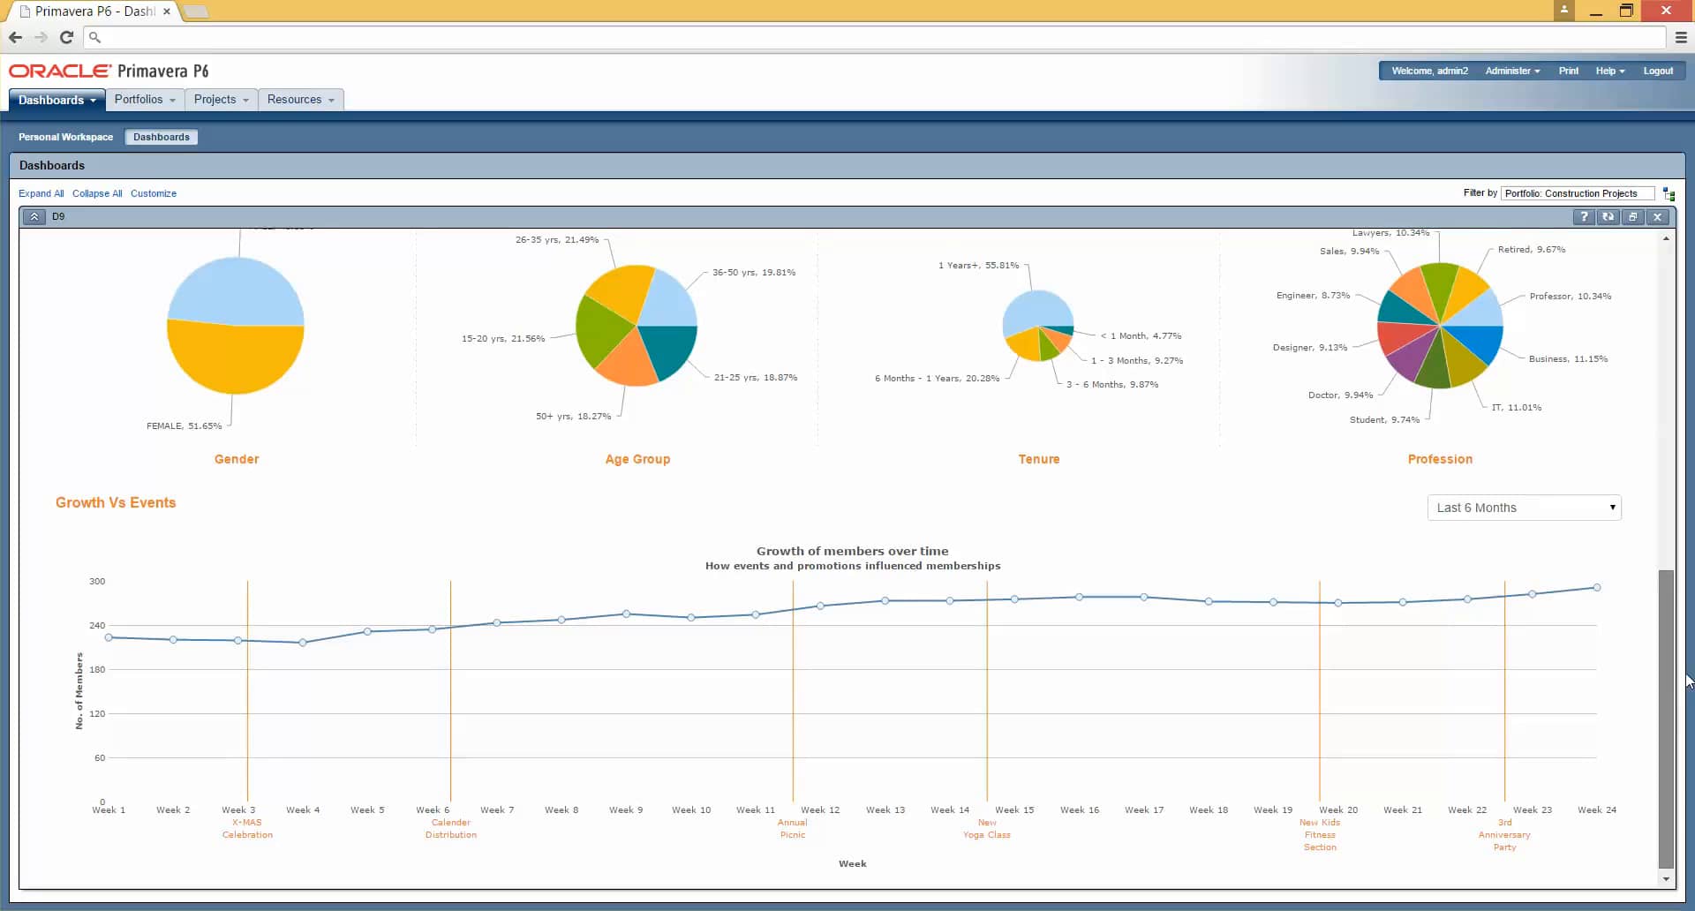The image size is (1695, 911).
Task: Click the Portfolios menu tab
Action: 144,100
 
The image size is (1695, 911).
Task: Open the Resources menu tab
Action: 300,100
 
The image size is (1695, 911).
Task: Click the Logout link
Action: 1657,71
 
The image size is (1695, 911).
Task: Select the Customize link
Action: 154,193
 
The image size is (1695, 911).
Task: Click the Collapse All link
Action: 97,193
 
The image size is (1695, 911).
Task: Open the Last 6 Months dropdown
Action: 1524,508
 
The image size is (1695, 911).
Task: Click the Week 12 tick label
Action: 820,809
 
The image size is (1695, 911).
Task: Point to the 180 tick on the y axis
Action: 97,669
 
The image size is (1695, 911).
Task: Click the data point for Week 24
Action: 1596,588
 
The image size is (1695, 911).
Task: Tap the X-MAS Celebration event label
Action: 247,828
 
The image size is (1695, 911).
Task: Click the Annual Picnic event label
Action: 792,828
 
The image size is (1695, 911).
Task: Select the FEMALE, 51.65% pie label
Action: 184,425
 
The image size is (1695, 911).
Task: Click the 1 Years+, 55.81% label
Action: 978,265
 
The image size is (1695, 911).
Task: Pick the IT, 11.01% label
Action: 1516,407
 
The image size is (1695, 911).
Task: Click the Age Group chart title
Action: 637,459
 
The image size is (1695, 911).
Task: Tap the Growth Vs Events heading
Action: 116,502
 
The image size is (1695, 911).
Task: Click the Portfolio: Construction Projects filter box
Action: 1577,193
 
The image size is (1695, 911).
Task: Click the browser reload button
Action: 66,37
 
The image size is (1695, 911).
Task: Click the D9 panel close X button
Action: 1657,217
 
